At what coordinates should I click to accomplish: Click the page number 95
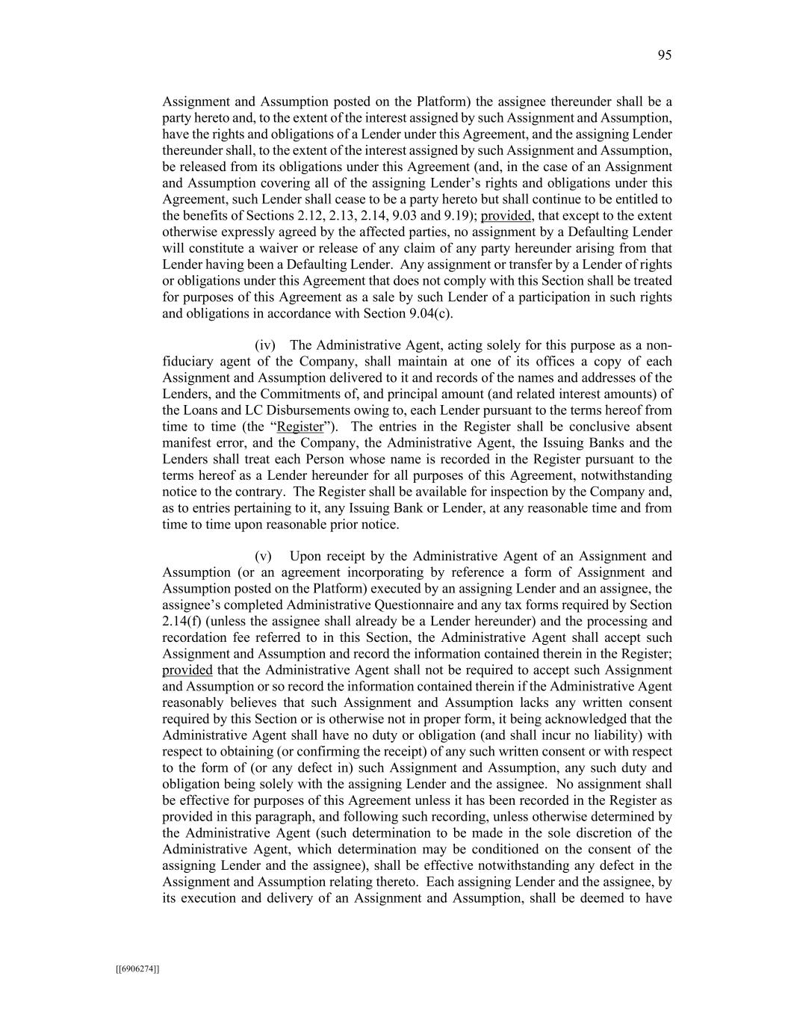(x=664, y=55)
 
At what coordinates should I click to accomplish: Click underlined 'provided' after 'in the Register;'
(x=187, y=670)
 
